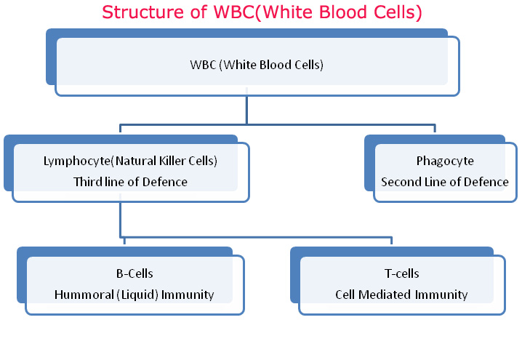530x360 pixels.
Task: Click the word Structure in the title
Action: point(136,12)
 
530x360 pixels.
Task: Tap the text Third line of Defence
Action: point(130,182)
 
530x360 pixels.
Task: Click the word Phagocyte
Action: point(445,161)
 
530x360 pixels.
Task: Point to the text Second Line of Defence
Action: point(445,182)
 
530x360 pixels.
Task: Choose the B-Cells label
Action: point(134,273)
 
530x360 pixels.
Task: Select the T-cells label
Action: point(401,273)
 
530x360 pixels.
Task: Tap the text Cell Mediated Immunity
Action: point(401,295)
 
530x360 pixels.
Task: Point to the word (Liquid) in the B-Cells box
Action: point(142,295)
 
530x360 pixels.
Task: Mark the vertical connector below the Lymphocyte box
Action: point(120,218)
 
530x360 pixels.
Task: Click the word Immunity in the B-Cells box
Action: point(190,295)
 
